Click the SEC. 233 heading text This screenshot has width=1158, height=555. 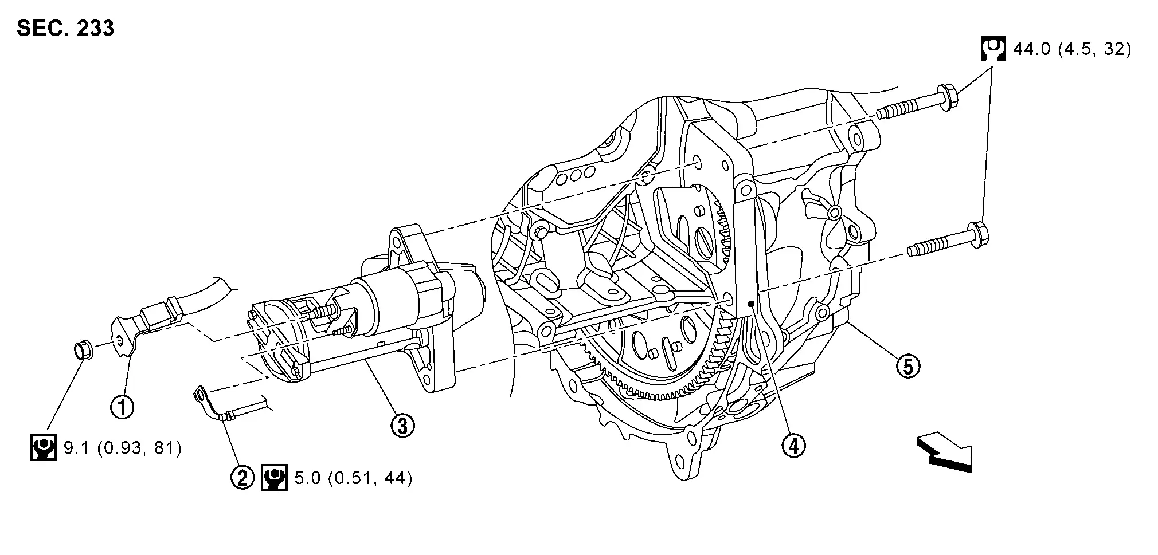pyautogui.click(x=65, y=27)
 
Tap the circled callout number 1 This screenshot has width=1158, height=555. pyautogui.click(x=122, y=407)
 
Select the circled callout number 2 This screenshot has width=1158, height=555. pyautogui.click(x=242, y=477)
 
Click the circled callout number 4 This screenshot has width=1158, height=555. pyautogui.click(x=793, y=445)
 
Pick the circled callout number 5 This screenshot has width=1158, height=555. pyautogui.click(x=908, y=365)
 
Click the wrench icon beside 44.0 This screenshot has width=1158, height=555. pyautogui.click(x=993, y=49)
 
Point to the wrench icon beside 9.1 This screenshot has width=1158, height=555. pyautogui.click(x=44, y=448)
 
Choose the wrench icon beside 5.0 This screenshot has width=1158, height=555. pyautogui.click(x=274, y=478)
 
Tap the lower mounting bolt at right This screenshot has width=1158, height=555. pyautogui.click(x=948, y=241)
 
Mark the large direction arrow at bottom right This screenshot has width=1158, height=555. pyautogui.click(x=944, y=453)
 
